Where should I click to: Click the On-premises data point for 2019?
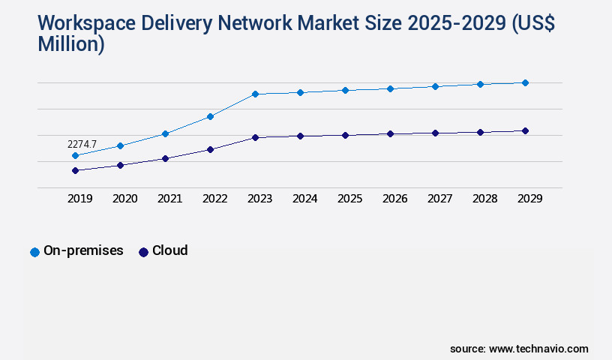point(75,155)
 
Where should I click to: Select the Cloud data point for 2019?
point(75,170)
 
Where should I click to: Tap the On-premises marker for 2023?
point(255,94)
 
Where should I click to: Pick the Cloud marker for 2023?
point(255,137)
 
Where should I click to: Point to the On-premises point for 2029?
point(525,82)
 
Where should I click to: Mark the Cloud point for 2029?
point(525,130)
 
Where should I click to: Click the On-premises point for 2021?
point(165,133)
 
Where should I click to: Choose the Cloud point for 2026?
point(390,133)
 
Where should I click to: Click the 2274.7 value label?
point(82,144)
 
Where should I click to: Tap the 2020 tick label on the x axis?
point(124,199)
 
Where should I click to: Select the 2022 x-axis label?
point(214,199)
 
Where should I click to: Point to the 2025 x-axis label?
point(349,199)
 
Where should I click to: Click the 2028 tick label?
point(484,199)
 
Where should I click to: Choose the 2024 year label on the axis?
point(304,199)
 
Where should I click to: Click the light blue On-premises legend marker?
point(34,252)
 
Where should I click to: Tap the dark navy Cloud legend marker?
point(143,252)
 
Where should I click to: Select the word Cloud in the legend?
point(169,250)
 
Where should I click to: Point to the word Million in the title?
point(70,44)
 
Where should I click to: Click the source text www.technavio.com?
point(538,349)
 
